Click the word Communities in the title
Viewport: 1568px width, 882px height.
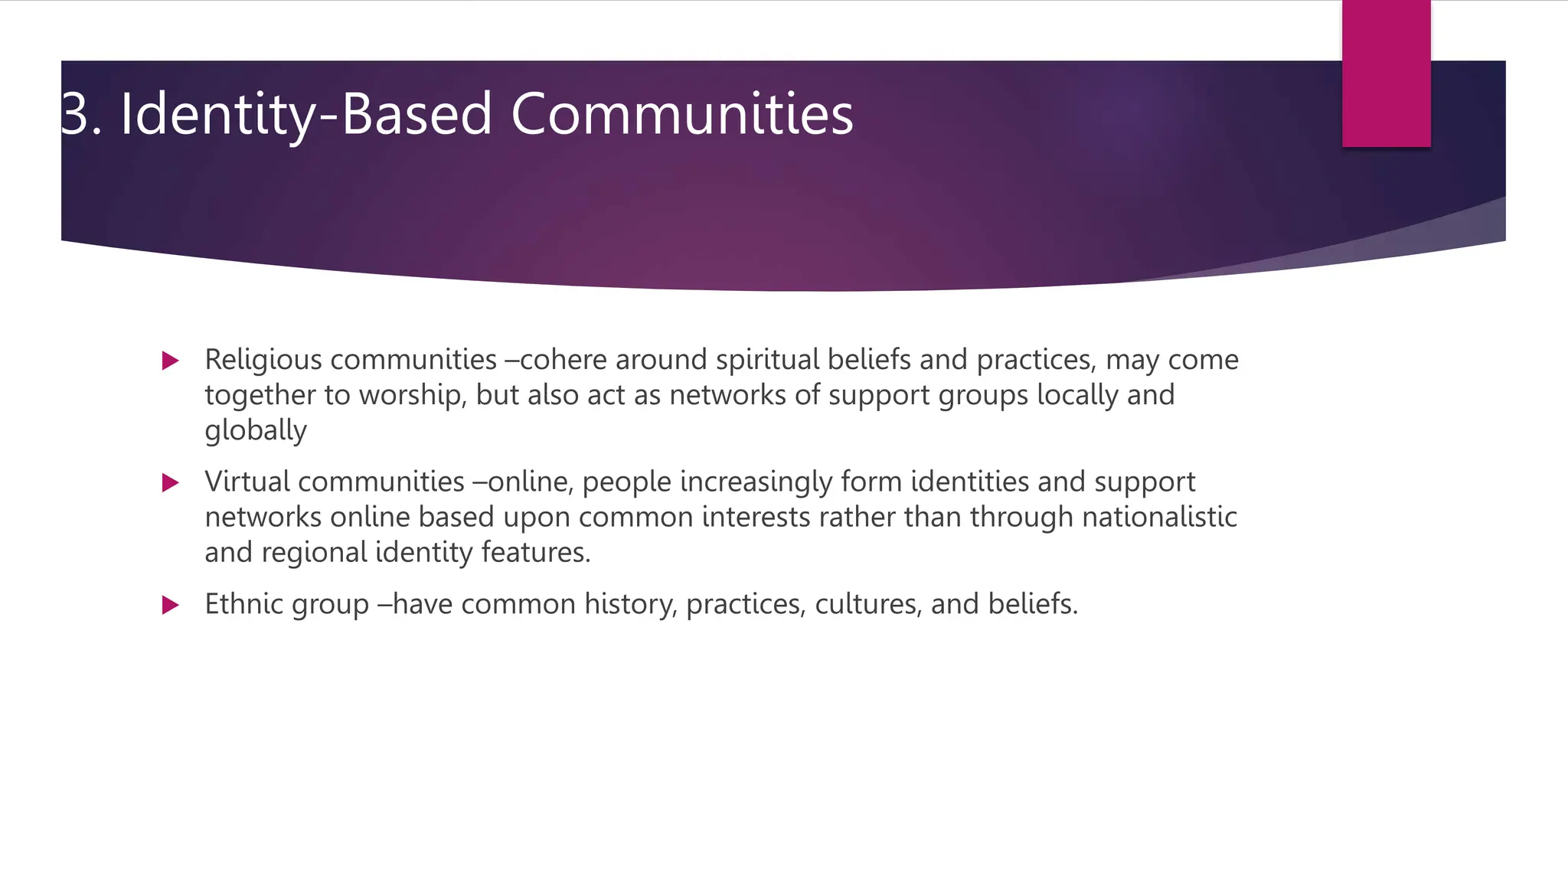[x=681, y=115]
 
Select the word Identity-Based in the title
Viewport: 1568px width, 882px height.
[x=306, y=115]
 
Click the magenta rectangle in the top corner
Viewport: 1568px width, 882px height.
[x=1386, y=73]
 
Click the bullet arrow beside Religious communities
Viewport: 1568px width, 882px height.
[x=171, y=361]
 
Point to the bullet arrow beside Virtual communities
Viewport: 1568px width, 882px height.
[x=171, y=483]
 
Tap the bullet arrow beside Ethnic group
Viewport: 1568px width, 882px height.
[x=171, y=606]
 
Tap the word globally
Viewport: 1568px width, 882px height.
[x=256, y=430]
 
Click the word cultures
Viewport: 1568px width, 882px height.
[x=867, y=605]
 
